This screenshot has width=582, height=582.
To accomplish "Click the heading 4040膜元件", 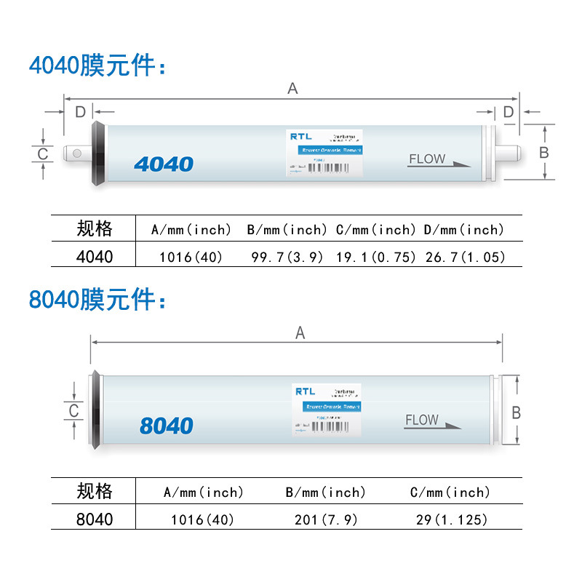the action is pyautogui.click(x=97, y=65).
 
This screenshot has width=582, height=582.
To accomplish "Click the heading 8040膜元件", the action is pyautogui.click(x=97, y=299).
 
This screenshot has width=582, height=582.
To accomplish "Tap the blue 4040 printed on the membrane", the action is pyautogui.click(x=164, y=164).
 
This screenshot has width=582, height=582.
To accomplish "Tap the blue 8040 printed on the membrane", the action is pyautogui.click(x=166, y=426).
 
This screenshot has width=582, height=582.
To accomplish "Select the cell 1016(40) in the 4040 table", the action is pyautogui.click(x=191, y=257).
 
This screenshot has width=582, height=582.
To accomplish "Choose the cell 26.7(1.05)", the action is pyautogui.click(x=464, y=257).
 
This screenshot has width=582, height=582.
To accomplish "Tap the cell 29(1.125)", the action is pyautogui.click(x=449, y=519).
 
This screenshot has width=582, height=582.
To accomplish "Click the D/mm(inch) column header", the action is pyautogui.click(x=464, y=230).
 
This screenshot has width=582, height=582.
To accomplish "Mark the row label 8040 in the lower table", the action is pyautogui.click(x=95, y=519).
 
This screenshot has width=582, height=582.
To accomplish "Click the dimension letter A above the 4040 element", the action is pyautogui.click(x=292, y=88).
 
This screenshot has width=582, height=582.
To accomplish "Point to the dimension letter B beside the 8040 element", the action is pyautogui.click(x=516, y=412).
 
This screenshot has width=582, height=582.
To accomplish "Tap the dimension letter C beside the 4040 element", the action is pyautogui.click(x=43, y=154).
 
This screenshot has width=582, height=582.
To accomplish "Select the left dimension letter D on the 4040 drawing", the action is pyautogui.click(x=80, y=111).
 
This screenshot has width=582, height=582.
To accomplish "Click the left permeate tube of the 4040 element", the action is pyautogui.click(x=76, y=153).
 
